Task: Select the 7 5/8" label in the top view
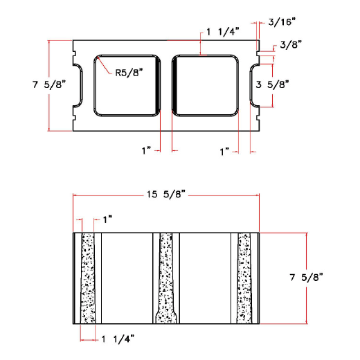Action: point(48,85)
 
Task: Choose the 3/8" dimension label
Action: point(291,45)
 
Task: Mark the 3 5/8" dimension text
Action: point(272,85)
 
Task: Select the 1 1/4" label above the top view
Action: point(223,33)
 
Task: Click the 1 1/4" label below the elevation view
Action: point(117,338)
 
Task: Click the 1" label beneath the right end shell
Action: point(224,150)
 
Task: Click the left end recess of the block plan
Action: point(79,85)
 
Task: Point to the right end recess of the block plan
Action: point(254,85)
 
